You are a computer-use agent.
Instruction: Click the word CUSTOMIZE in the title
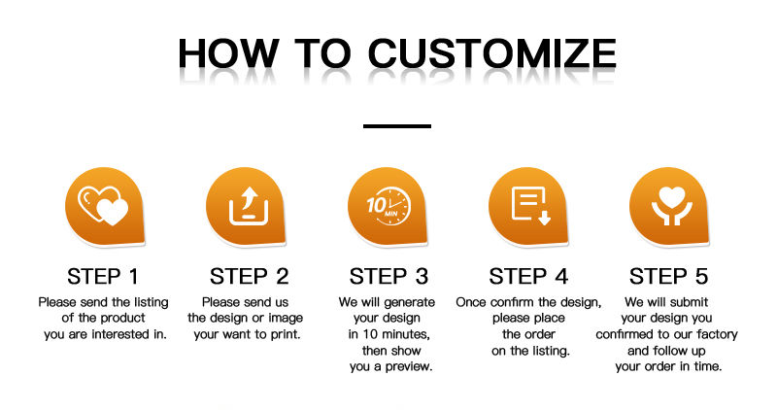click(x=492, y=52)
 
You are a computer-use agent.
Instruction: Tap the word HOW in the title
click(x=228, y=52)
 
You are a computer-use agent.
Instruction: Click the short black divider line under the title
click(x=397, y=126)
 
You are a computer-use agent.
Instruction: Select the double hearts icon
click(x=103, y=206)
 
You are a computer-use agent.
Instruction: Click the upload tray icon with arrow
click(x=249, y=206)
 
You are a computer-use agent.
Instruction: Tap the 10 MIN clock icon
click(x=389, y=205)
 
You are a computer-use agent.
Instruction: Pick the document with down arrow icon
click(x=530, y=206)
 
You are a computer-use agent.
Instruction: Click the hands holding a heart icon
click(x=671, y=206)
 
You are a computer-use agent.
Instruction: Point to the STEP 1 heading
click(x=103, y=276)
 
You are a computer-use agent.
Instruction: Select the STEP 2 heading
click(x=249, y=276)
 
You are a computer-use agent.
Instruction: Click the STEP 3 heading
click(x=389, y=276)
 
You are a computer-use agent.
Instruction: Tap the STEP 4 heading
click(x=528, y=276)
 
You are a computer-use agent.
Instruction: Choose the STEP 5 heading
click(x=668, y=276)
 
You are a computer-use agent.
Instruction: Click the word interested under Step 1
click(x=120, y=334)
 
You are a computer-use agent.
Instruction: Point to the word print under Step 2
click(x=284, y=334)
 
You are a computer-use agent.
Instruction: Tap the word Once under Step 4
click(x=471, y=302)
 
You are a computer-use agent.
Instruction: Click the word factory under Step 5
click(x=717, y=334)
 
